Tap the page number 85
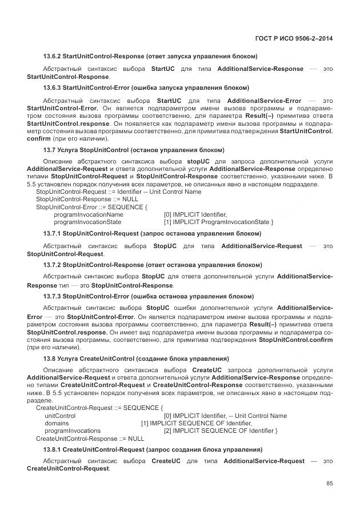pyautogui.click(x=329, y=483)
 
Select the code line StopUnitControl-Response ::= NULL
pyautogui.click(x=83, y=200)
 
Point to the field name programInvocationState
pyautogui.click(x=87, y=222)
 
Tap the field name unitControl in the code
pyautogui.click(x=60, y=416)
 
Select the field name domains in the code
pyautogui.click(x=57, y=423)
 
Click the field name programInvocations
pyautogui.click(x=73, y=431)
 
